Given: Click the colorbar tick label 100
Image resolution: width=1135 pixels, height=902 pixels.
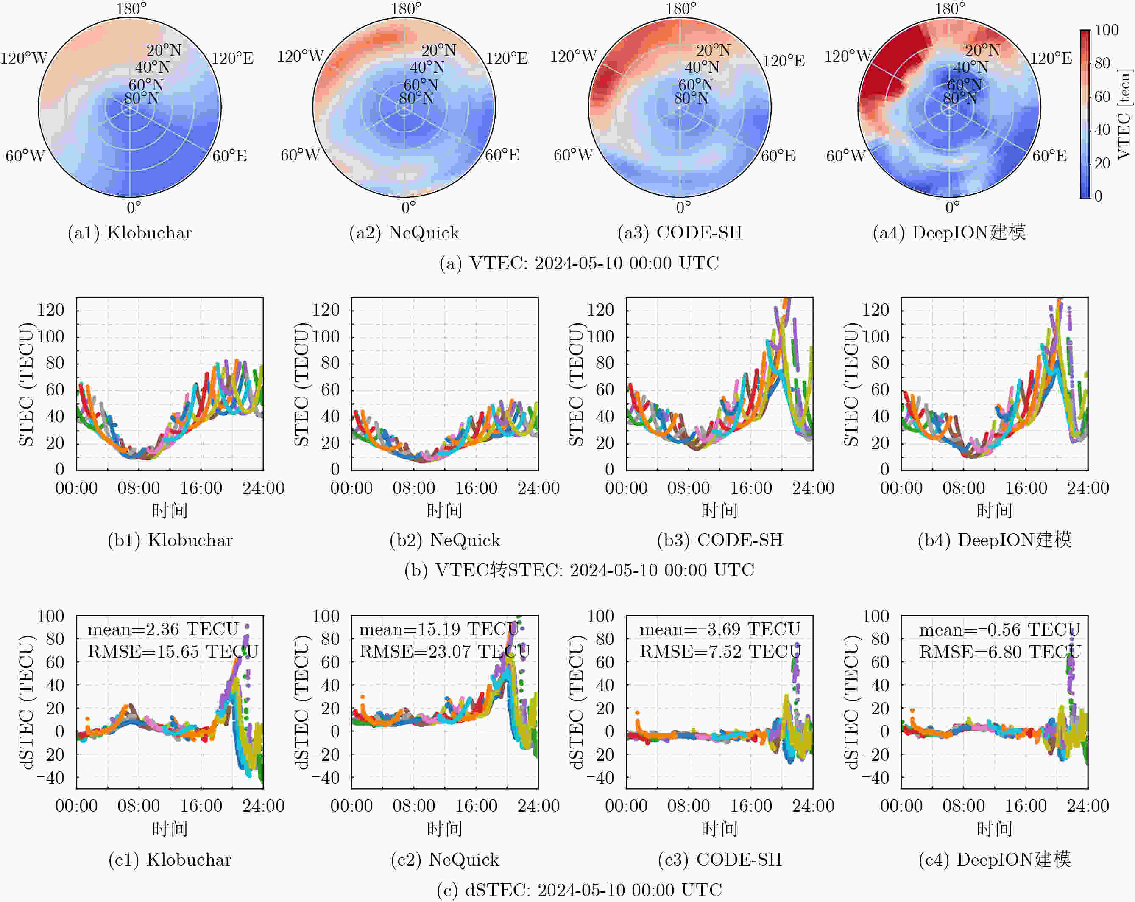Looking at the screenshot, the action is (x=1106, y=30).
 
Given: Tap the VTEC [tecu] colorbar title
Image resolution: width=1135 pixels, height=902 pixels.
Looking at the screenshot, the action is (x=1124, y=113).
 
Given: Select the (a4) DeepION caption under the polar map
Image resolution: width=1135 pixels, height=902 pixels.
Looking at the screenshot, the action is (x=949, y=233).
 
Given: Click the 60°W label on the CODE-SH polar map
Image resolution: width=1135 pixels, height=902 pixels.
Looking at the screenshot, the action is (x=573, y=155).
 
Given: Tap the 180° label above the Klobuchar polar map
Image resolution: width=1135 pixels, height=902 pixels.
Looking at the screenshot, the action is (x=131, y=8).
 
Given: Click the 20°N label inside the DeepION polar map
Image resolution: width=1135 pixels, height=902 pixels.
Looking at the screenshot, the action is (x=982, y=50).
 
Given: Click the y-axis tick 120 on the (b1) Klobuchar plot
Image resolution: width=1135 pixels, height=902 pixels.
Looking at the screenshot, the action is (x=50, y=309).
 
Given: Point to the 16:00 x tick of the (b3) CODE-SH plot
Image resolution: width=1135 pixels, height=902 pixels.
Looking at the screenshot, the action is (x=751, y=488).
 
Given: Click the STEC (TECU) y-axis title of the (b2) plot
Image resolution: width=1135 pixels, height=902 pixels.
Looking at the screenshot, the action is (x=301, y=385).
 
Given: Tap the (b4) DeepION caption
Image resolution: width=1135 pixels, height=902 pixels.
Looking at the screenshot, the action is (x=994, y=540).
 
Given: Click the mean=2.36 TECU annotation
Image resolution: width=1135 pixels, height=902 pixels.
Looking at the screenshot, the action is (x=163, y=629).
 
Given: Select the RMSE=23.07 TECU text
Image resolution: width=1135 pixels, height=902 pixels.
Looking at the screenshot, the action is (x=445, y=652).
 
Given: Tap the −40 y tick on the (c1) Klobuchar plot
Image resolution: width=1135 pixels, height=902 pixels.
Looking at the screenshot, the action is (x=50, y=778).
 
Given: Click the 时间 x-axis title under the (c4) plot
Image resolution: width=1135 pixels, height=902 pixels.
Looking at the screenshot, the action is (x=994, y=829).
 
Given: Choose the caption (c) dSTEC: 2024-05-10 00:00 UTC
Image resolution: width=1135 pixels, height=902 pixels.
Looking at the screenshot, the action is (x=579, y=890).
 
